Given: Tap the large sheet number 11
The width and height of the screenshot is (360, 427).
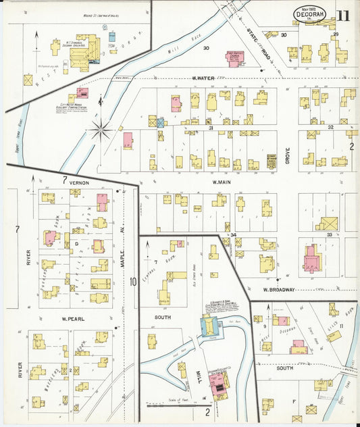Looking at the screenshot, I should [344, 15].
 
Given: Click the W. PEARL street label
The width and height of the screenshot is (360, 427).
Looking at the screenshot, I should [72, 318].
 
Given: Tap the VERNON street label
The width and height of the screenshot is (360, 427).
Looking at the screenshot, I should [78, 182].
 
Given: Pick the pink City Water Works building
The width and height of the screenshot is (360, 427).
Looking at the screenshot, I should [82, 93].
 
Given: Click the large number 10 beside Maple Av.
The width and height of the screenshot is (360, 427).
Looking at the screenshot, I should [134, 282].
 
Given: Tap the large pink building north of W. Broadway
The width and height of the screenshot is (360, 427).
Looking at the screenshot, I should [312, 259].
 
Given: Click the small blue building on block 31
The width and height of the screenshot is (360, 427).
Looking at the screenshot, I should [161, 123].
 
